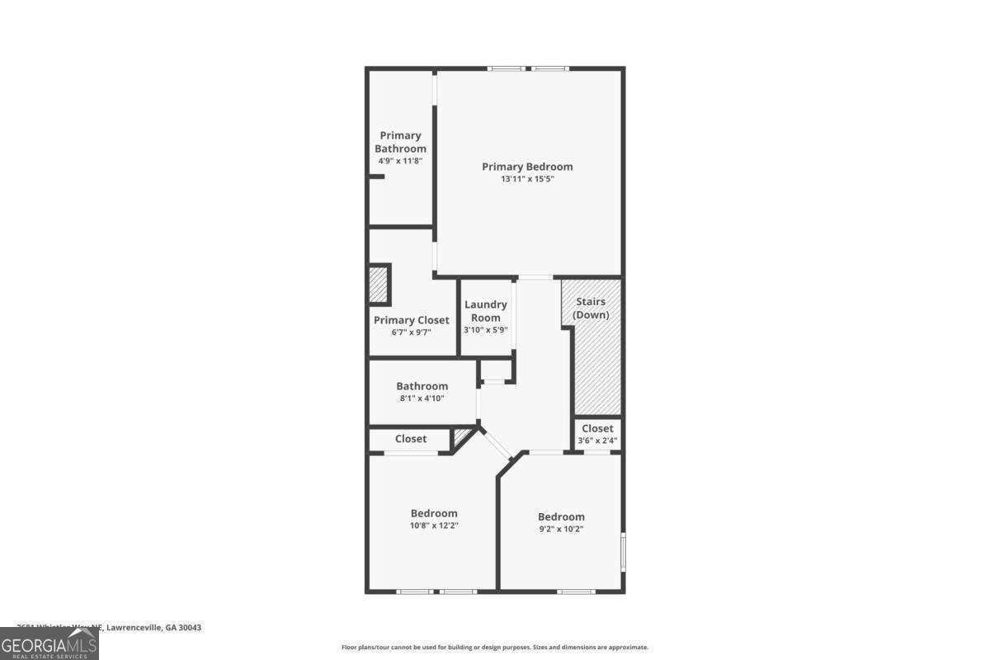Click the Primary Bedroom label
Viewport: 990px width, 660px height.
527,167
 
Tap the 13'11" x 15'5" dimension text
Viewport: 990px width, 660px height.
527,179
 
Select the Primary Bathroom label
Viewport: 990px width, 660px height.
400,142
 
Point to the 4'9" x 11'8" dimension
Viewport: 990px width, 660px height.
400,161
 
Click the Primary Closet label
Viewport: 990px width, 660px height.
412,320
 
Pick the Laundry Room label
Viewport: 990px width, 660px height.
486,311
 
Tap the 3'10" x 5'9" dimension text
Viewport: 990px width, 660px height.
486,330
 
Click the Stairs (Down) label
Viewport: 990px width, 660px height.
591,309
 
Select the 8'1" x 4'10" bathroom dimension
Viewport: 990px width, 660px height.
422,398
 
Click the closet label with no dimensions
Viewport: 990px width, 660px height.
411,439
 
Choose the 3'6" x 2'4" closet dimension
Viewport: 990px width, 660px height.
597,441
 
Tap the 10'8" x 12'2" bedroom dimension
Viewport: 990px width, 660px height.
434,525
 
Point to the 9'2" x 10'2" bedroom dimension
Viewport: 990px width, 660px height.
561,529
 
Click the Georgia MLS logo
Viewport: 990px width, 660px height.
49,643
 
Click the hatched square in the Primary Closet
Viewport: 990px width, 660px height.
379,285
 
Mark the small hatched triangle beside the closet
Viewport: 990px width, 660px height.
462,438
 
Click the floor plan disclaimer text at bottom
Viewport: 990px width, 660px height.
495,648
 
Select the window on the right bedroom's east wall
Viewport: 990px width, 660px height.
623,550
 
